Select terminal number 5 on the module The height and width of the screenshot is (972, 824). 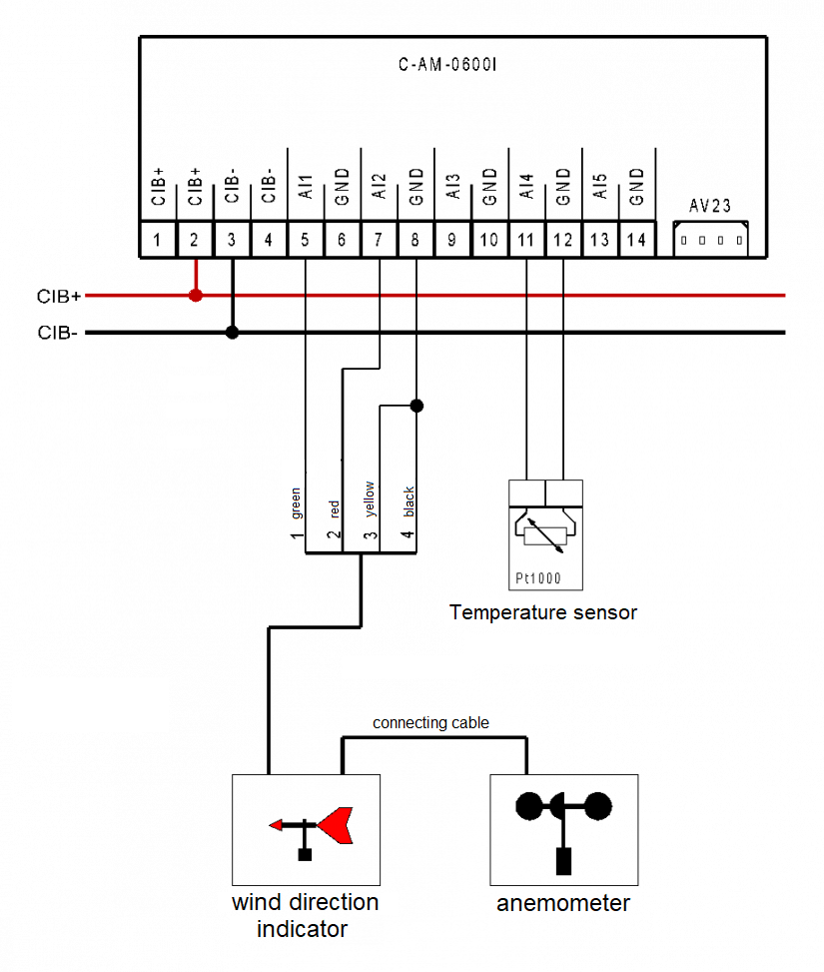pyautogui.click(x=305, y=241)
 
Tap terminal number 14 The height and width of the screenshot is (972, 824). pyautogui.click(x=637, y=241)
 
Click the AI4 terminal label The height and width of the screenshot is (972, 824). pyautogui.click(x=526, y=188)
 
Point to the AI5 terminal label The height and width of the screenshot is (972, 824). pyautogui.click(x=600, y=188)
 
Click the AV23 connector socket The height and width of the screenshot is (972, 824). pyautogui.click(x=710, y=240)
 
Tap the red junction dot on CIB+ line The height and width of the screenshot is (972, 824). pyautogui.click(x=196, y=296)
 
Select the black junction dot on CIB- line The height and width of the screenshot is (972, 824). pyautogui.click(x=232, y=333)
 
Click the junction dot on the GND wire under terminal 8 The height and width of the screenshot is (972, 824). pyautogui.click(x=416, y=406)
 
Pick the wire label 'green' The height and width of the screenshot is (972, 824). pyautogui.click(x=296, y=503)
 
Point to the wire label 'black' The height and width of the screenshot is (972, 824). pyautogui.click(x=408, y=502)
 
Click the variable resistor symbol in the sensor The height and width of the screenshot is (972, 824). pyautogui.click(x=545, y=534)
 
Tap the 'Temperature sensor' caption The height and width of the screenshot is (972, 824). pyautogui.click(x=542, y=612)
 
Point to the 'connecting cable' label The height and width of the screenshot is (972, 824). pyautogui.click(x=430, y=722)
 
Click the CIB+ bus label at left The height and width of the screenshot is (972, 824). pyautogui.click(x=58, y=297)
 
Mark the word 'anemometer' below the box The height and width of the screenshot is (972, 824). pyautogui.click(x=563, y=904)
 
